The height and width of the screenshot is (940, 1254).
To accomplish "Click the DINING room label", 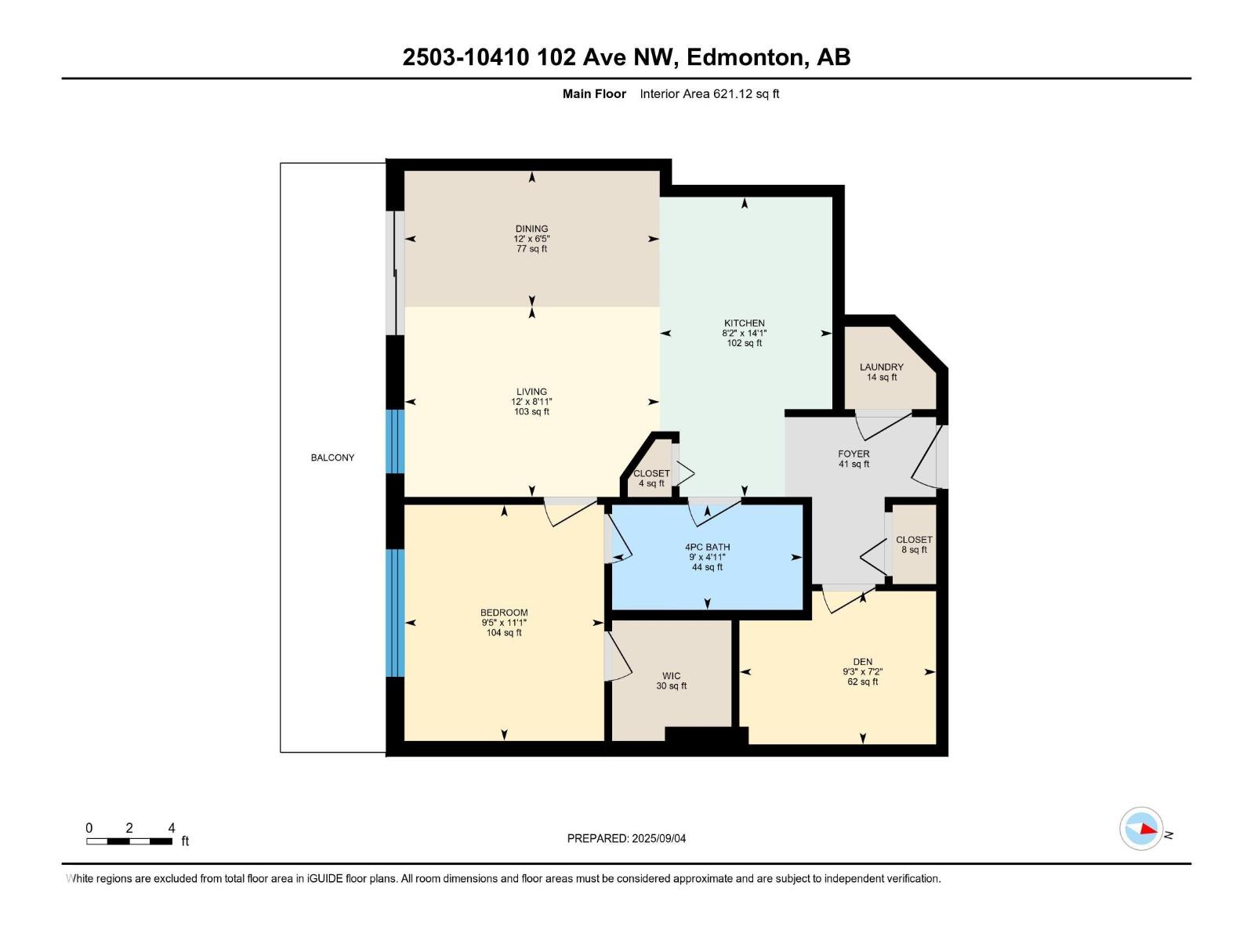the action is [531, 229].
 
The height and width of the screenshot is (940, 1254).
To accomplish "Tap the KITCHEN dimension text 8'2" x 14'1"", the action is [744, 333].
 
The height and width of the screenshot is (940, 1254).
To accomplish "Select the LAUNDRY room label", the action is [881, 367].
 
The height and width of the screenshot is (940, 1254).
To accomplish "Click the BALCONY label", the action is [332, 457].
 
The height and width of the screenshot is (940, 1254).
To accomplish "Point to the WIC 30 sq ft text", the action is [671, 686].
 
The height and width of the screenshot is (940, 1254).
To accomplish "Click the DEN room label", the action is [862, 661].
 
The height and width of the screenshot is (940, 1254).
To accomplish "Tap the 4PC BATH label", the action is [707, 547].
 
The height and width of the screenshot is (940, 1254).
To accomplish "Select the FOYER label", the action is [854, 454].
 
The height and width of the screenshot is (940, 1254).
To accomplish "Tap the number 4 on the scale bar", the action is [172, 827].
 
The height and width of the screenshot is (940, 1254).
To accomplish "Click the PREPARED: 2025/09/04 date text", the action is [626, 838].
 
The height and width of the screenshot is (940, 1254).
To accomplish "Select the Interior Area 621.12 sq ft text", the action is [709, 94].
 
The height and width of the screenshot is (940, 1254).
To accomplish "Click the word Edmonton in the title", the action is [748, 57].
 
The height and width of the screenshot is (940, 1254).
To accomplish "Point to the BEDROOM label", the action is [504, 613].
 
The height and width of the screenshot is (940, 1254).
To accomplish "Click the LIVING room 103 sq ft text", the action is [531, 412].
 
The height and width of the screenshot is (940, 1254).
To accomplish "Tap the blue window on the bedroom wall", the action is [395, 613].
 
